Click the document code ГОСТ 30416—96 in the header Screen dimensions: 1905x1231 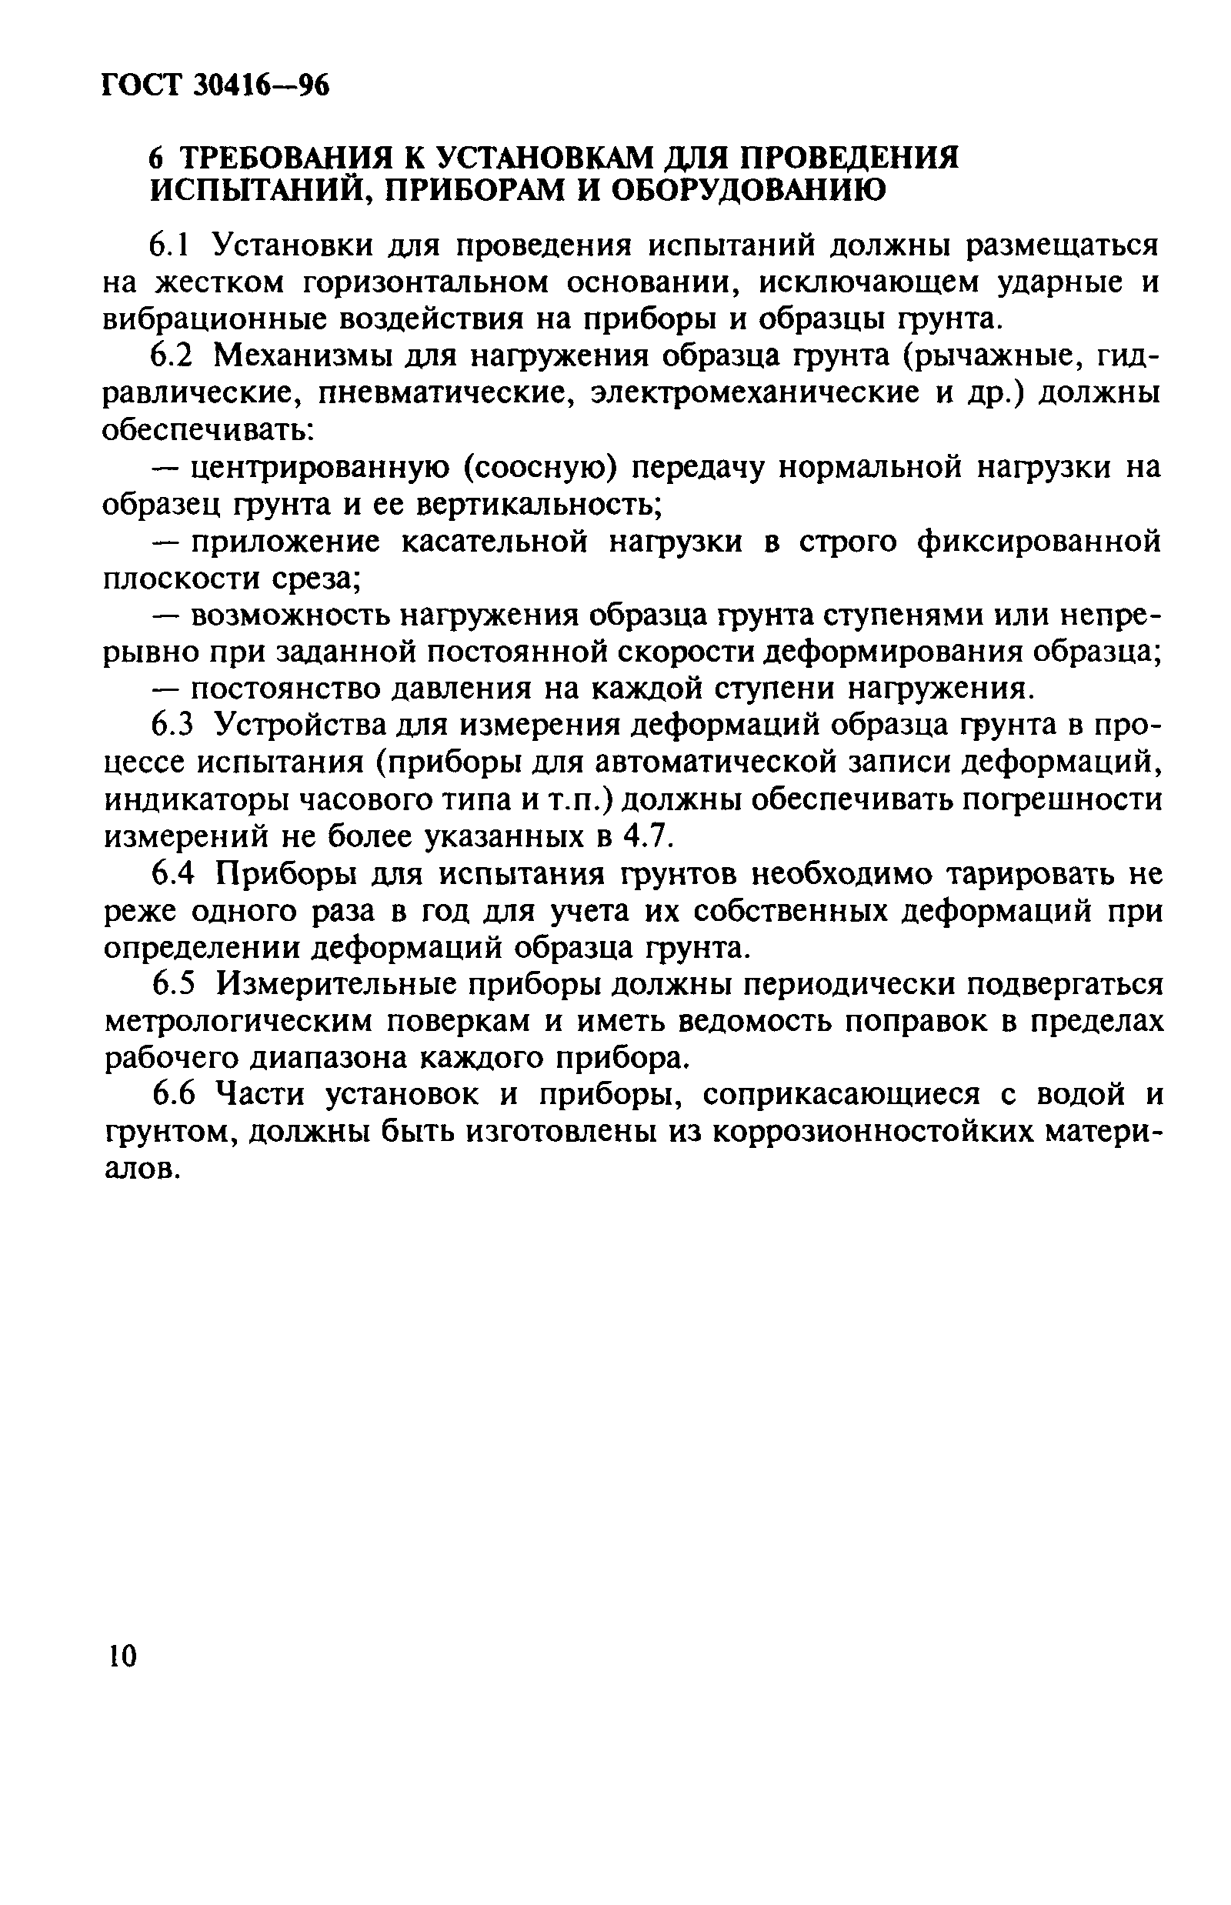[x=216, y=84]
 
